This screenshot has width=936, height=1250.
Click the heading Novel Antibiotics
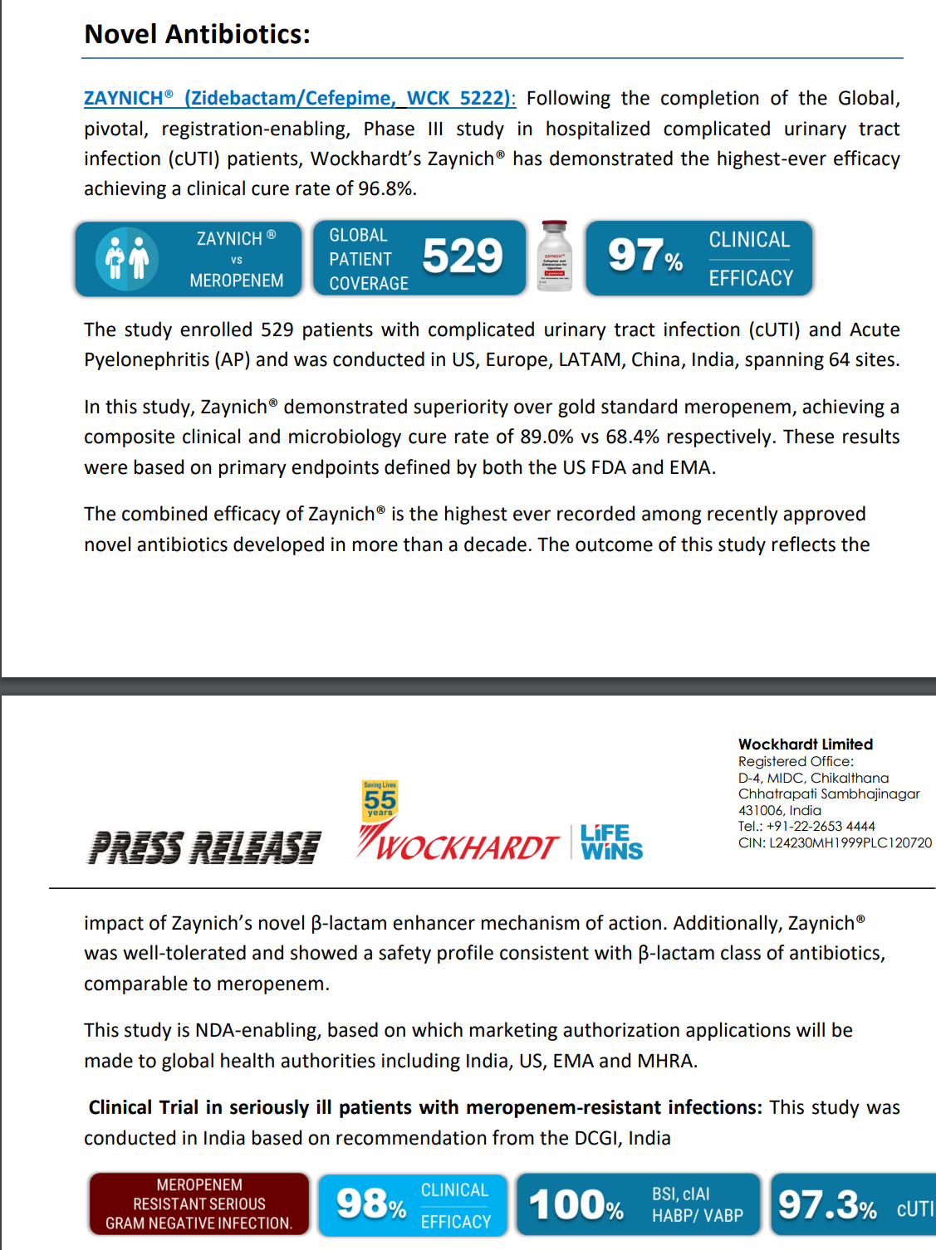pyautogui.click(x=197, y=34)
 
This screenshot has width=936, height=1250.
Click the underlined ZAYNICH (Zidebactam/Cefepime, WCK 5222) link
pyautogui.click(x=299, y=98)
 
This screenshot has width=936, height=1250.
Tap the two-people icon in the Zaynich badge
pyautogui.click(x=127, y=259)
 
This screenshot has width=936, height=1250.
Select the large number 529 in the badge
pyautogui.click(x=463, y=256)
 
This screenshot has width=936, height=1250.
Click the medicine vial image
pyautogui.click(x=555, y=256)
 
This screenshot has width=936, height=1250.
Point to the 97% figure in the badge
pyautogui.click(x=644, y=256)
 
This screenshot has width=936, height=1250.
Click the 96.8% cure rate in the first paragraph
pyautogui.click(x=385, y=189)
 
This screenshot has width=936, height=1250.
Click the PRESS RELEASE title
pyautogui.click(x=204, y=847)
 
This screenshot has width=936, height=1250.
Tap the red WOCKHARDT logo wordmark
pyautogui.click(x=465, y=847)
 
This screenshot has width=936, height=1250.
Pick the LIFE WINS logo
pyautogui.click(x=611, y=842)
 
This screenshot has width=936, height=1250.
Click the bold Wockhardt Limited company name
pyautogui.click(x=805, y=745)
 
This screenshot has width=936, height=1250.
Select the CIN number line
pyautogui.click(x=834, y=842)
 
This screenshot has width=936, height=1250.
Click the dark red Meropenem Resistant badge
pyautogui.click(x=199, y=1204)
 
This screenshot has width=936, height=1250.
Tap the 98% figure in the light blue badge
pyautogui.click(x=370, y=1204)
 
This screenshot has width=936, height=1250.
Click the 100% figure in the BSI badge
pyautogui.click(x=576, y=1205)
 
